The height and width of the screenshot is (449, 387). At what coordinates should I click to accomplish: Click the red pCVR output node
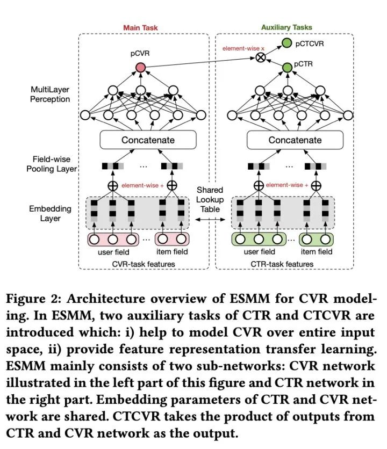pyautogui.click(x=141, y=68)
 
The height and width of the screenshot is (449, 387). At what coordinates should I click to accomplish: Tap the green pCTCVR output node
pyautogui.click(x=286, y=44)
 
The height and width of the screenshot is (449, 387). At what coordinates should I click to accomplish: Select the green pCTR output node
pyautogui.click(x=286, y=68)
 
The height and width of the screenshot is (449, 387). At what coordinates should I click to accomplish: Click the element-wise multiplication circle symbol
pyautogui.click(x=261, y=57)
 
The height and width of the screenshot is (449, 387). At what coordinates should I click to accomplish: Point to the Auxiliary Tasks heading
pyautogui.click(x=286, y=27)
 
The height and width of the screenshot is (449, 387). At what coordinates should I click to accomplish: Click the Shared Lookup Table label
pyautogui.click(x=210, y=199)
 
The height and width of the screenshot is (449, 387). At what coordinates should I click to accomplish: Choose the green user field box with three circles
pyautogui.click(x=259, y=239)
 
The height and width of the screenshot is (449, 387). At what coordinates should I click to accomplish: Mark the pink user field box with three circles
pyautogui.click(x=112, y=239)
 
